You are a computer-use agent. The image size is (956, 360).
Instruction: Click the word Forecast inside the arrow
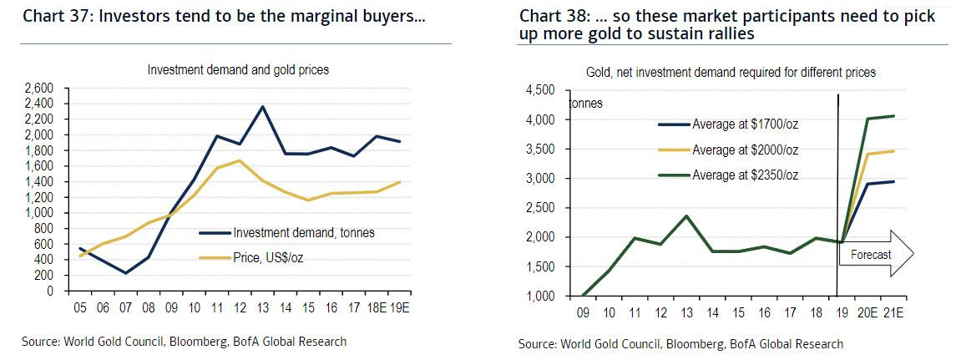click(x=871, y=255)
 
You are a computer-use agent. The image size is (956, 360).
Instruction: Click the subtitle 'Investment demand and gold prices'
click(x=238, y=70)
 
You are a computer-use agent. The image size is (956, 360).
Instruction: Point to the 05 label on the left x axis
click(x=81, y=306)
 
